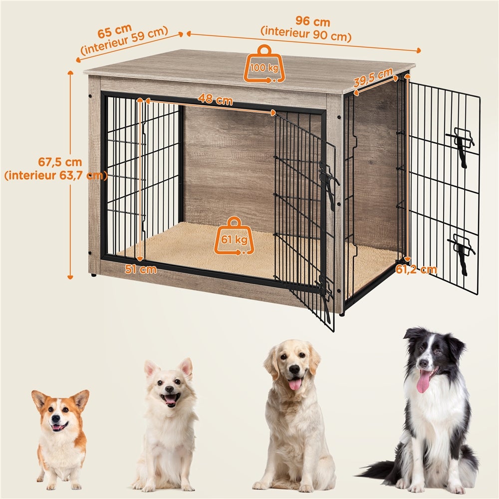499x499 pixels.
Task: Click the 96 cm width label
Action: (x=313, y=22)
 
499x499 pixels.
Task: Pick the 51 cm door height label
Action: (x=141, y=269)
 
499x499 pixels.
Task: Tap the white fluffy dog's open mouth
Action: (x=171, y=398)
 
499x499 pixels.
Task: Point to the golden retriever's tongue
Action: (x=295, y=384)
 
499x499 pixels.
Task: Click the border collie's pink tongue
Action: (x=424, y=381)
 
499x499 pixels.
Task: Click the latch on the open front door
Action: (x=328, y=182)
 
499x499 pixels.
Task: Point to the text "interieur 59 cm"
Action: (x=125, y=43)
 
